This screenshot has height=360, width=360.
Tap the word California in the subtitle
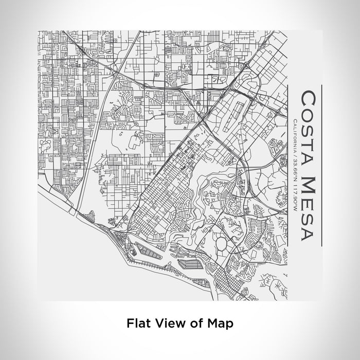coord(294,136)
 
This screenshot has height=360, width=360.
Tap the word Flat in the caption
coord(137,323)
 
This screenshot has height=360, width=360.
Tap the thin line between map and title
coord(287,165)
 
